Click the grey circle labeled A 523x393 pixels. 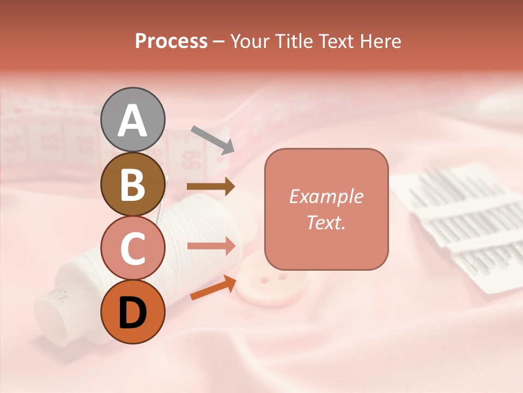click(x=132, y=120)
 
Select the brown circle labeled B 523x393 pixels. click(x=132, y=184)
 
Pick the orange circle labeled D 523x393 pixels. click(x=132, y=312)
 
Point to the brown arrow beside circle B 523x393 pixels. click(x=211, y=187)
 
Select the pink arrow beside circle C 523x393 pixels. click(x=211, y=246)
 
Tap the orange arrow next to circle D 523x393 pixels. click(x=213, y=288)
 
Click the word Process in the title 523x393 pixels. click(x=171, y=41)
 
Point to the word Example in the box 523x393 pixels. click(x=326, y=196)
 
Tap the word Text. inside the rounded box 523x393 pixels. click(x=326, y=222)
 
